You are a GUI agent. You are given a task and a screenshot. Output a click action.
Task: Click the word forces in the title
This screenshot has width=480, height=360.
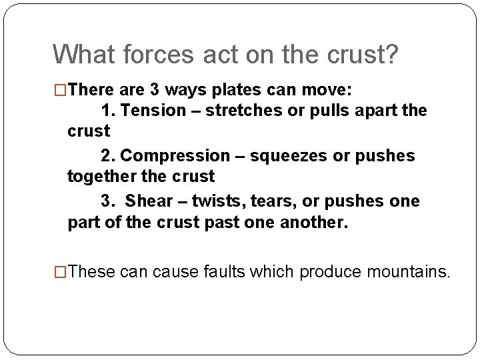pyautogui.click(x=141, y=55)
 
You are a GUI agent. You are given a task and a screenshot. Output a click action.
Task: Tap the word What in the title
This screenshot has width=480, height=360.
pyautogui.click(x=79, y=55)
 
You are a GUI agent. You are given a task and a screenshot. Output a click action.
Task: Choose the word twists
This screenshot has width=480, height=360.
pyautogui.click(x=217, y=201)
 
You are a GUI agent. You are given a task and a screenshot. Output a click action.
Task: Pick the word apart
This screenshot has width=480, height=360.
pyautogui.click(x=373, y=110)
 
